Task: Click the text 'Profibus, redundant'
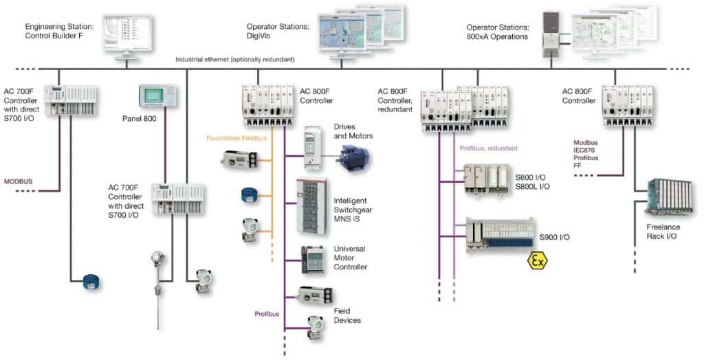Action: (488, 147)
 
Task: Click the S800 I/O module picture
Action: (487, 181)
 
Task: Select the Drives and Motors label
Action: (353, 131)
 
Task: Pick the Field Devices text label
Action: (347, 315)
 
